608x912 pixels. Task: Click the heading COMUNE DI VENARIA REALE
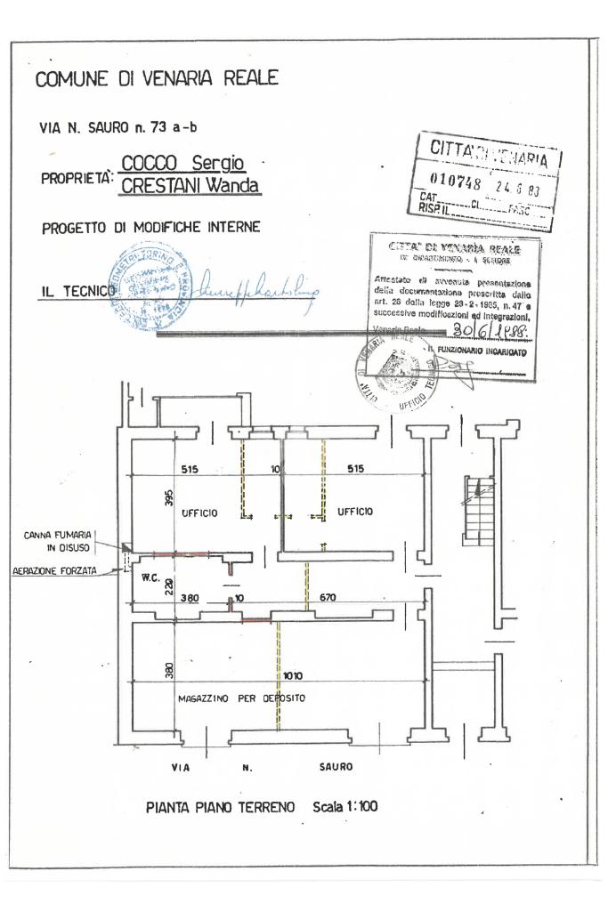click(157, 78)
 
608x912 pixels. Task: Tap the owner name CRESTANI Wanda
click(190, 186)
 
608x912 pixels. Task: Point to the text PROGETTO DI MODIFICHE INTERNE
click(150, 228)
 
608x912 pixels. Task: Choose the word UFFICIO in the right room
click(355, 512)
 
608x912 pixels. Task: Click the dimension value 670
click(328, 598)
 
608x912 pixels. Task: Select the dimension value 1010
click(293, 675)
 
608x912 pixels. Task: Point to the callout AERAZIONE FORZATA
click(56, 572)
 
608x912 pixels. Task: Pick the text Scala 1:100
click(345, 807)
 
